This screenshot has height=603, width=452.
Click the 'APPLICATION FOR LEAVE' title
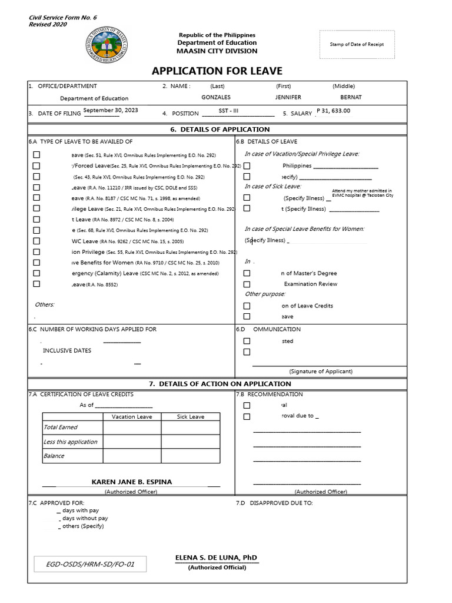[217, 71]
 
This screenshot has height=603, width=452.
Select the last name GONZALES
[216, 97]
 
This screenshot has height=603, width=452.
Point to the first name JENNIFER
[288, 97]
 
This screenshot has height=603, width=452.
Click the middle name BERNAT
[351, 97]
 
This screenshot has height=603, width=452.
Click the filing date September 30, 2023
[111, 110]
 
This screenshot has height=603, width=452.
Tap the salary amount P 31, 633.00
[333, 111]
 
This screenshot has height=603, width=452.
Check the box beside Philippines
[247, 166]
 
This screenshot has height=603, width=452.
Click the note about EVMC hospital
[363, 193]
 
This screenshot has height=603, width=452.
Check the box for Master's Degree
[247, 273]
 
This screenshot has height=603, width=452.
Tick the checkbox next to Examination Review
[247, 284]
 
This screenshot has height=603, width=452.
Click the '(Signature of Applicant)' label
[321, 372]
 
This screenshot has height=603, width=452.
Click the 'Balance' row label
[54, 456]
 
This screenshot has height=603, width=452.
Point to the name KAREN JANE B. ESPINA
[132, 482]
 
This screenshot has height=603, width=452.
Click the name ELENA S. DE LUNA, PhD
[216, 558]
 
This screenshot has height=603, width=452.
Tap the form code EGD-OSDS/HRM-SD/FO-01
[90, 565]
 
